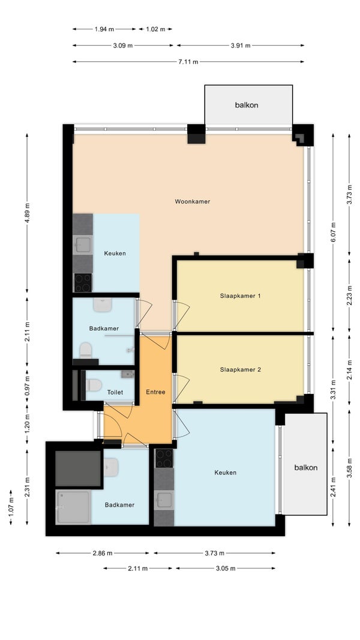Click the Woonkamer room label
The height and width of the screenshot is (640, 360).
click(x=193, y=201)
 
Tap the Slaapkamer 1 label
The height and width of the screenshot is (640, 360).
click(x=240, y=295)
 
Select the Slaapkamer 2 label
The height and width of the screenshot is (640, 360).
click(x=240, y=370)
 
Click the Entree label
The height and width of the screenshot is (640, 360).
click(x=156, y=392)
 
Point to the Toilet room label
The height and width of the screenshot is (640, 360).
click(x=115, y=392)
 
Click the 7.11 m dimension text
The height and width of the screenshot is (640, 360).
click(x=188, y=62)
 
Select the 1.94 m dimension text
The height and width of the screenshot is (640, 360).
click(x=104, y=29)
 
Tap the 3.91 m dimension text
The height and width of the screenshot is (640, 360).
click(x=241, y=46)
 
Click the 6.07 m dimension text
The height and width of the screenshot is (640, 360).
click(x=333, y=232)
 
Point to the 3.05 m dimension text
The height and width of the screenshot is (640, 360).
click(x=226, y=568)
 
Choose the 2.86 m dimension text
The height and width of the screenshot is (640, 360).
click(x=103, y=554)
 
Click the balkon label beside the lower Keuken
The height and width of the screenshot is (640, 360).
click(x=306, y=467)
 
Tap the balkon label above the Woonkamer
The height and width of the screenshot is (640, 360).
click(x=247, y=105)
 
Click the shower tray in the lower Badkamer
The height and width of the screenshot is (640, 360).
click(x=73, y=507)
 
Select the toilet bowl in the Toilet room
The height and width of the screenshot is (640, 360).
click(x=94, y=385)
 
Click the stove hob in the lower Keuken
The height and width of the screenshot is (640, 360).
click(x=164, y=458)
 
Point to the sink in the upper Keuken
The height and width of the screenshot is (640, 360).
click(x=83, y=244)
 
